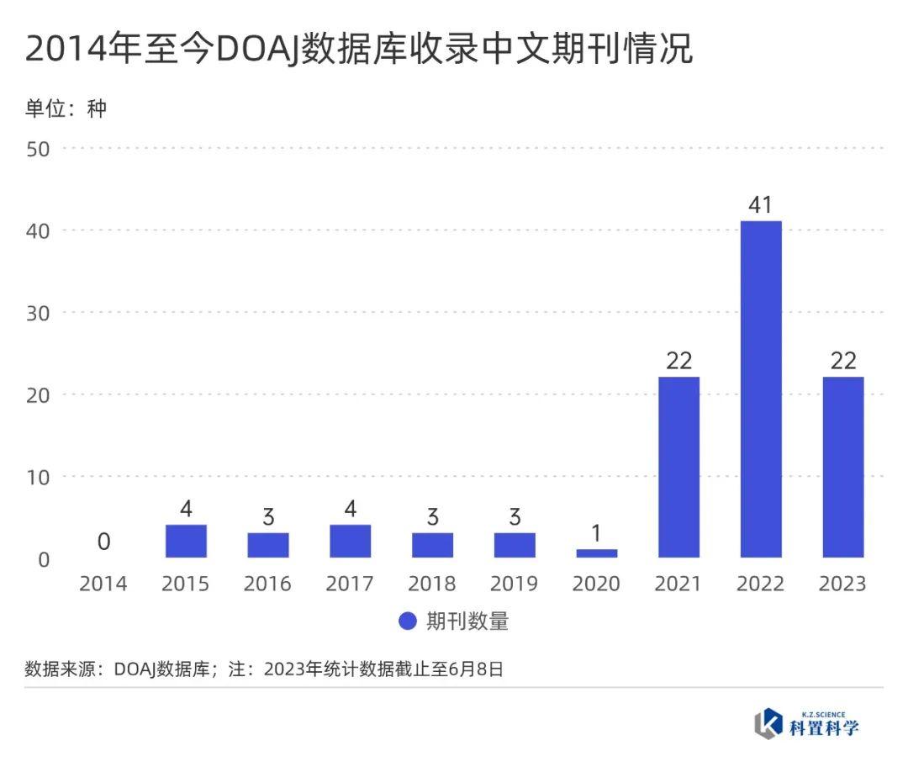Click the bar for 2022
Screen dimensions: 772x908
[x=761, y=389]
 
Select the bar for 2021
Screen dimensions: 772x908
[x=678, y=468]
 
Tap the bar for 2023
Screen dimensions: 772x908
[x=842, y=468]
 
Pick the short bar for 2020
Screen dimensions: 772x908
[x=596, y=553]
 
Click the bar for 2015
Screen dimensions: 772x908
[x=186, y=542]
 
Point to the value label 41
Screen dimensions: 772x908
[x=761, y=204]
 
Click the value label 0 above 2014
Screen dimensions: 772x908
[x=103, y=542]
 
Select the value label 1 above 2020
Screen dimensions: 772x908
[x=596, y=533]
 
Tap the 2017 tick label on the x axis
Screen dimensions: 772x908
[x=350, y=584]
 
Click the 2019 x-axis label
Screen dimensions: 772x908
[x=515, y=584]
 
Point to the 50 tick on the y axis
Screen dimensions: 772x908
[x=39, y=149]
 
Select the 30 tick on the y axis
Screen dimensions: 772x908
[x=39, y=313]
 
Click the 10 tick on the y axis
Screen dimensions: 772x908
[x=39, y=477]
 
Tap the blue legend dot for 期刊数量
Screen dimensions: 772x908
[x=408, y=621]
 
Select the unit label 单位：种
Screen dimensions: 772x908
[x=66, y=108]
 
